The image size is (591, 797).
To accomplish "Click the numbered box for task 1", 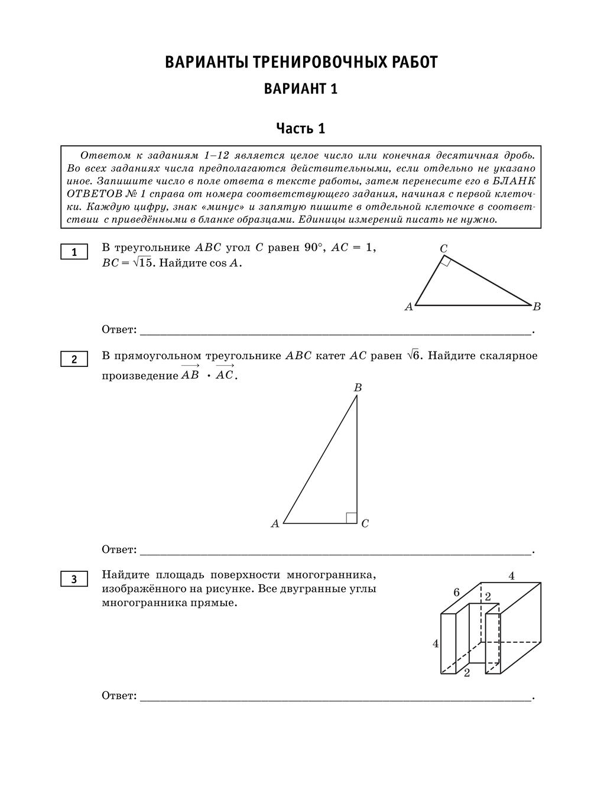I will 74,252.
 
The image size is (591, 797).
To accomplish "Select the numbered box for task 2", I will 74,359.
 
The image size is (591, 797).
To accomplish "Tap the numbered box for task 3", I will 74,579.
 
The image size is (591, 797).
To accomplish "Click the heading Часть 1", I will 301,128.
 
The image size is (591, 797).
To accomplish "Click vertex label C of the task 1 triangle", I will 443,249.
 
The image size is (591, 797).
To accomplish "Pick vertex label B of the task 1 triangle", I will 537,306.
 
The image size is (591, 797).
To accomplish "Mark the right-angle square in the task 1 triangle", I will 446,262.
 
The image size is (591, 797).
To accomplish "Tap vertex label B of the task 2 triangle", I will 358,388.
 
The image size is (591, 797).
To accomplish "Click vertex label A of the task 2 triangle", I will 275,523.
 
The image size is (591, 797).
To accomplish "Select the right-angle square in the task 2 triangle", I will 351,518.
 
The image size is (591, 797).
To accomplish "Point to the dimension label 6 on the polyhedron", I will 456,592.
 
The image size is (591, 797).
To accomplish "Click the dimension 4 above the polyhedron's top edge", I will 511,575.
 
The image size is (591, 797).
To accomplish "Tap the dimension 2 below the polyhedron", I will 467,673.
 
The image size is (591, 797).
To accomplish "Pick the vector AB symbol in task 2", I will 190,374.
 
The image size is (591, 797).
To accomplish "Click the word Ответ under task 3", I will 119,695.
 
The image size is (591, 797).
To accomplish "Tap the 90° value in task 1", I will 314,248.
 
